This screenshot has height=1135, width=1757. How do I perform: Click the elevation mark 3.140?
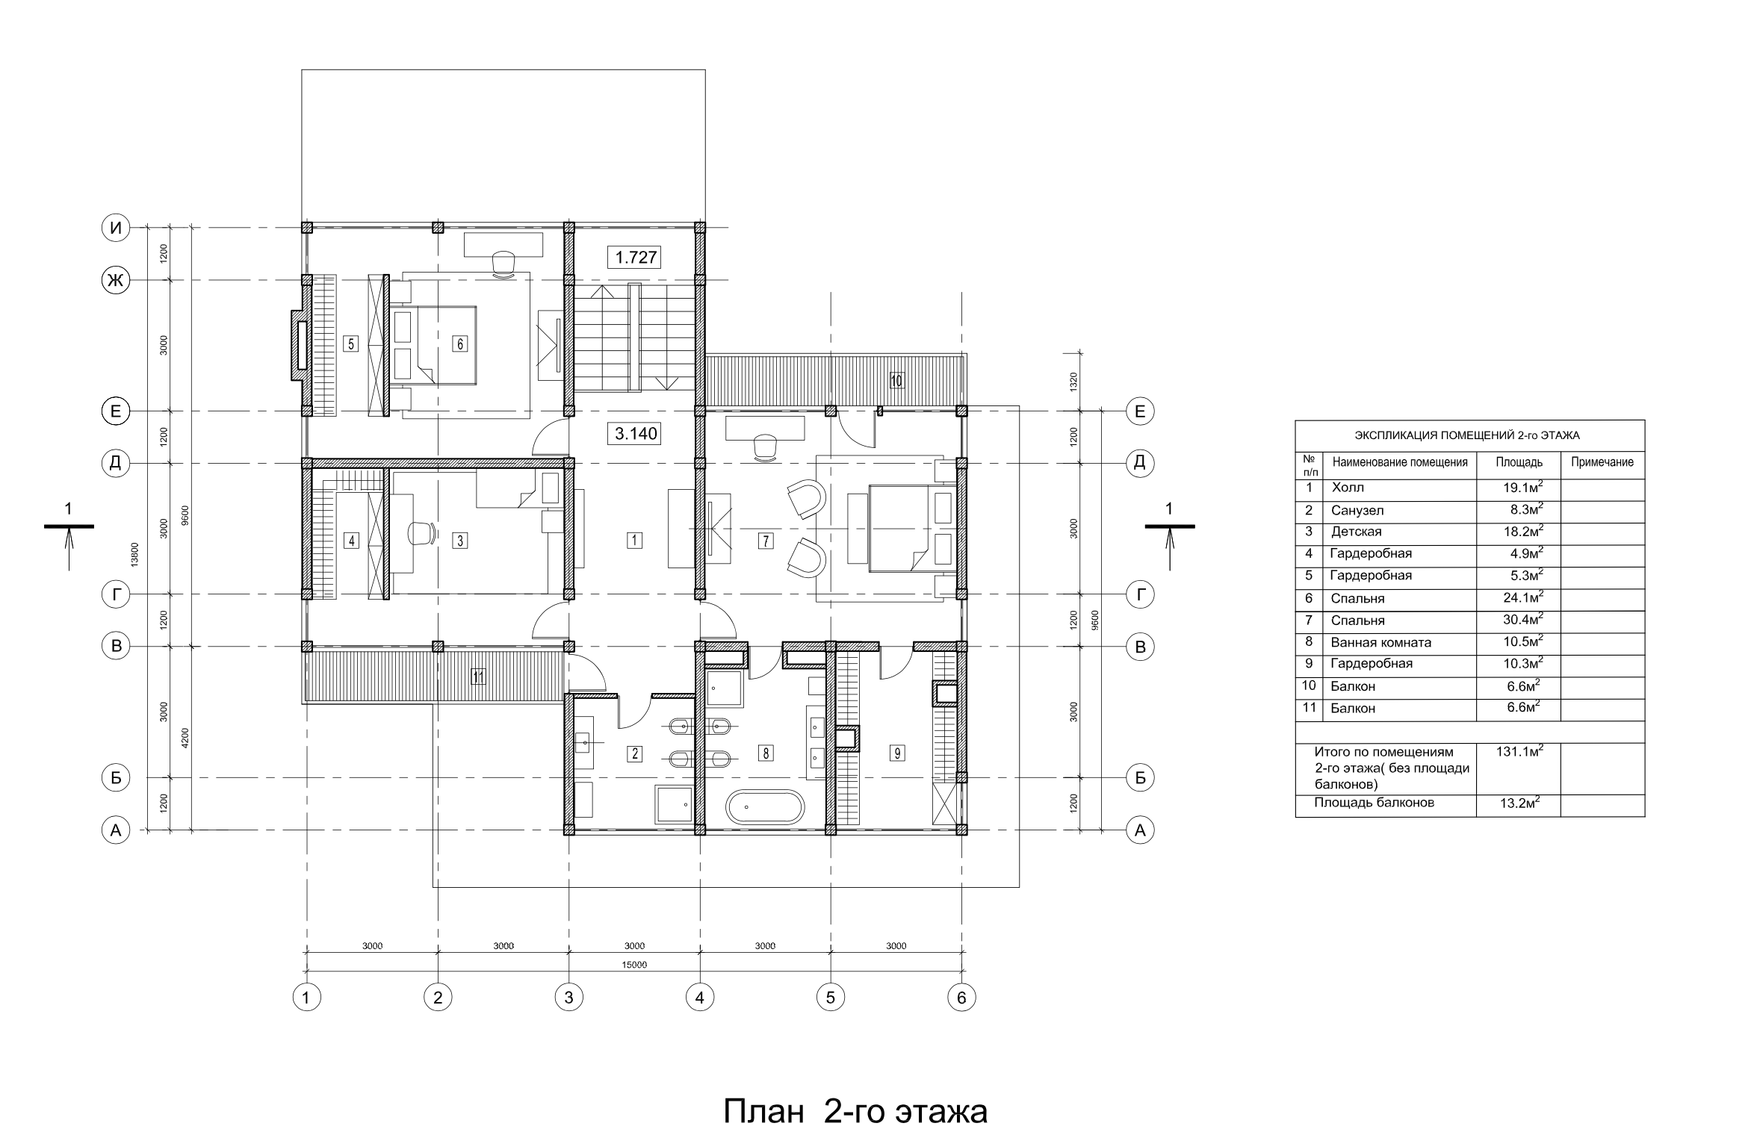point(636,433)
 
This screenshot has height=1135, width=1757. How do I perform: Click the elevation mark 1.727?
point(636,258)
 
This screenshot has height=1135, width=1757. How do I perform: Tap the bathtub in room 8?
point(766,808)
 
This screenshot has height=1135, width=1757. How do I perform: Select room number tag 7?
point(766,541)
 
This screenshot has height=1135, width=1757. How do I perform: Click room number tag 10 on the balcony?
point(896,381)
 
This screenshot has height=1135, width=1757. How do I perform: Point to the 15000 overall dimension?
point(634,965)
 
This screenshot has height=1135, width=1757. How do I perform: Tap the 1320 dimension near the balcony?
point(1074,383)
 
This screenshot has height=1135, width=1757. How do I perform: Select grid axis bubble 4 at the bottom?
point(700,997)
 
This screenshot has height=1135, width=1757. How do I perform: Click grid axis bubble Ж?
point(116,281)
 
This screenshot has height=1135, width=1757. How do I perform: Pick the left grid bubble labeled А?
point(116,830)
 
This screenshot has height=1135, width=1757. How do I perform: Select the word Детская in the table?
point(1356,532)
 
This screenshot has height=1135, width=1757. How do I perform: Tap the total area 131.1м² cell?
point(1519,752)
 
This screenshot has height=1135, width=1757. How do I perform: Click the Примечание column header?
point(1602,462)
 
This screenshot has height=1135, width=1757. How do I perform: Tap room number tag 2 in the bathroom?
point(634,753)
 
